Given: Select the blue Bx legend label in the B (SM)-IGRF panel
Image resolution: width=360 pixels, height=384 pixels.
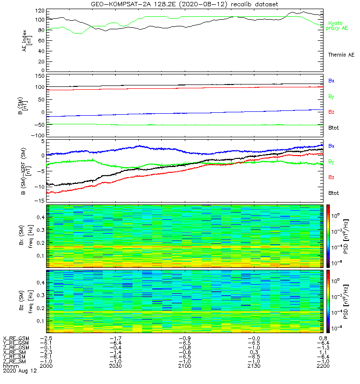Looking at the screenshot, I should [x=331, y=145].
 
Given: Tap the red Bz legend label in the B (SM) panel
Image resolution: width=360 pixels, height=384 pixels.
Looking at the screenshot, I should [x=331, y=112].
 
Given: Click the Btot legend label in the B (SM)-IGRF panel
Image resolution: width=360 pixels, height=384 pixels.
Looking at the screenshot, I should [x=334, y=192].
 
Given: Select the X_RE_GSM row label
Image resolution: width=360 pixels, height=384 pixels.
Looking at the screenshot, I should [x=16, y=338].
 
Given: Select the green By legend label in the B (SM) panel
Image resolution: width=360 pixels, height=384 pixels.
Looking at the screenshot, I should [x=331, y=96].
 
